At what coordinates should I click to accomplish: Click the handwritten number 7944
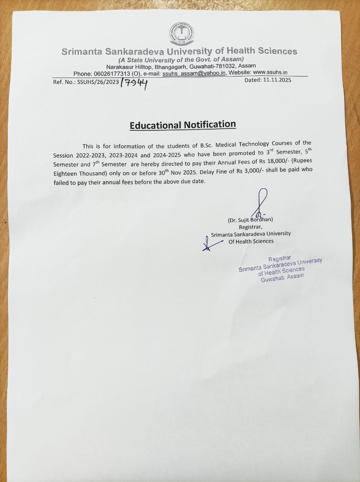coord(134,83)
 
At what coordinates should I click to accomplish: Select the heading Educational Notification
coord(183,125)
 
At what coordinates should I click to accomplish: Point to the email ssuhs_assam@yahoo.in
coord(194,73)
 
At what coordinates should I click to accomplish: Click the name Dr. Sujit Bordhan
coord(251,220)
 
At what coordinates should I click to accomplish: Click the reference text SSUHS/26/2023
coord(98,82)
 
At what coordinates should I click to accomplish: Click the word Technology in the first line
coord(243,144)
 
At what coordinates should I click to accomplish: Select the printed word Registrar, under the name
coord(250,227)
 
